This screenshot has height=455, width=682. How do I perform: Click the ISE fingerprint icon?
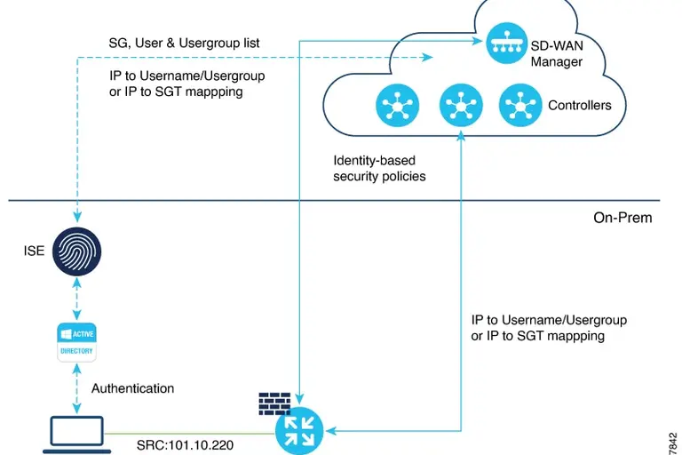[77, 251]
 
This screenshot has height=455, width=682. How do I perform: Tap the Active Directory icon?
[76, 341]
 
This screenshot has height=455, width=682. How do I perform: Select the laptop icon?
[76, 433]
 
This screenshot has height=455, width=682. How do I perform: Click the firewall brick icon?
[274, 403]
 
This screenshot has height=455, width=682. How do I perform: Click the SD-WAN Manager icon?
[506, 44]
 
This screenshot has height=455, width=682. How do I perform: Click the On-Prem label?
[623, 217]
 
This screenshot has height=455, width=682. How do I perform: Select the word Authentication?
[132, 388]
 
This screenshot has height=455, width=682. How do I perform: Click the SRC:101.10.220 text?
[185, 443]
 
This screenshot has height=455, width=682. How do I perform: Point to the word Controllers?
[579, 106]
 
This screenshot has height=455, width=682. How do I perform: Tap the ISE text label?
[34, 251]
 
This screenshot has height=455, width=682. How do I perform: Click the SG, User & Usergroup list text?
[185, 43]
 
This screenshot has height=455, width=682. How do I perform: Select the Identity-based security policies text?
[379, 169]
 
